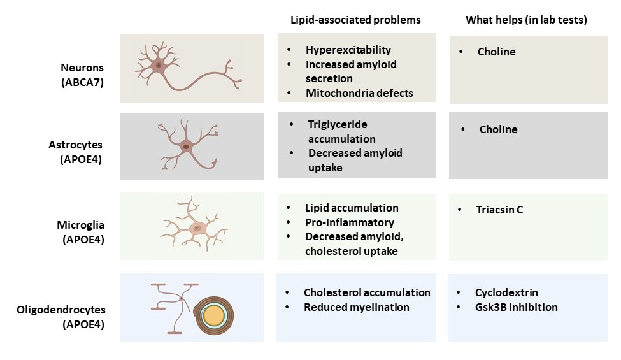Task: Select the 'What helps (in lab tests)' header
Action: point(526,20)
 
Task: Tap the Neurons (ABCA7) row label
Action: point(82,74)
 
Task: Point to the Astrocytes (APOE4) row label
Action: point(82,153)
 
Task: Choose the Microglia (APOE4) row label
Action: point(82,232)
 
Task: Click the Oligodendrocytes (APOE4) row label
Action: point(62,317)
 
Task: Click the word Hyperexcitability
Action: point(348,50)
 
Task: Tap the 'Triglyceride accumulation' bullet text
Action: point(341,131)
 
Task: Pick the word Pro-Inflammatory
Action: point(349,222)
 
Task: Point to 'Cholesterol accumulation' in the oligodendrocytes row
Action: point(367,292)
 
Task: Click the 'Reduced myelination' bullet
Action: point(356,307)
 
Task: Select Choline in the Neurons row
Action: point(496,52)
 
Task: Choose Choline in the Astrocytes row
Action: point(498,129)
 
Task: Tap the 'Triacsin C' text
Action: point(499,210)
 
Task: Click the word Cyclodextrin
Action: point(506,292)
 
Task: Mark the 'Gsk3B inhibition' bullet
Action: point(516,307)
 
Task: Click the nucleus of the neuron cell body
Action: point(158,65)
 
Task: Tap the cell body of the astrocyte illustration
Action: point(186,147)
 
